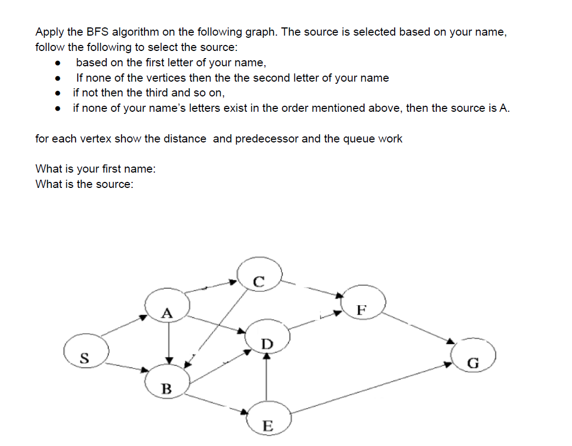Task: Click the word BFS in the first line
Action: (x=95, y=32)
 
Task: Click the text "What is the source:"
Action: (x=84, y=184)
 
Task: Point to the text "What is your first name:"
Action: (x=95, y=169)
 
